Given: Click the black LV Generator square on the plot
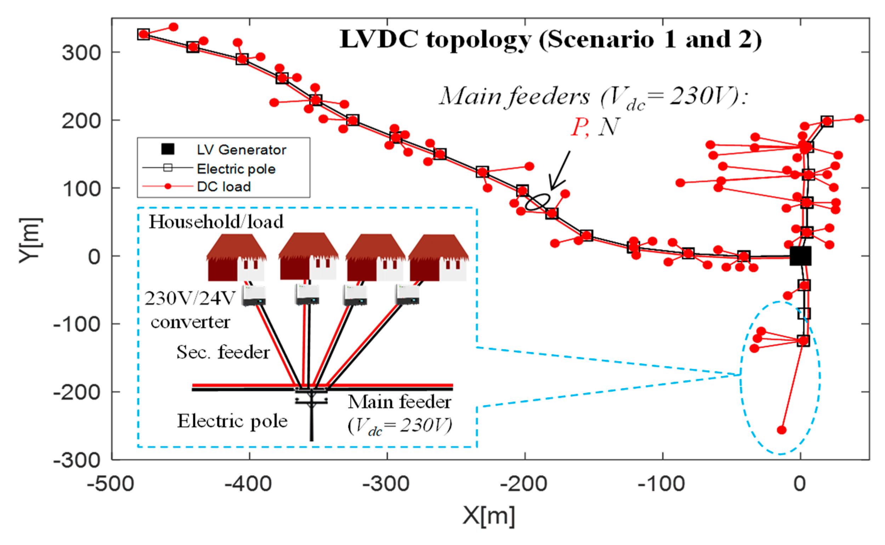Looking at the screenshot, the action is pyautogui.click(x=800, y=256).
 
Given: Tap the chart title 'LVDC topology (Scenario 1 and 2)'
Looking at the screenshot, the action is pyautogui.click(x=551, y=40).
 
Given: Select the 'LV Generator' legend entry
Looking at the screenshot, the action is pyautogui.click(x=223, y=149).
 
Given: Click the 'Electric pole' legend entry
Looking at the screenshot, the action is pyautogui.click(x=209, y=169).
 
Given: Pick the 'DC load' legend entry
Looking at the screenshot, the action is pyautogui.click(x=197, y=186).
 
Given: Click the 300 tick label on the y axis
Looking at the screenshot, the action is pyautogui.click(x=81, y=53).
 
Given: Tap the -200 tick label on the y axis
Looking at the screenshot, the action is pyautogui.click(x=77, y=392).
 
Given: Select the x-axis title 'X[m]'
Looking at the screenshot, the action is pyautogui.click(x=489, y=516).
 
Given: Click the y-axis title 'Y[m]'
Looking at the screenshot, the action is pyautogui.click(x=31, y=240).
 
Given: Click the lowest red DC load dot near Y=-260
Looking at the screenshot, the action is pyautogui.click(x=782, y=430).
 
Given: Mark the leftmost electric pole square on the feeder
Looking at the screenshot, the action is pyautogui.click(x=143, y=34).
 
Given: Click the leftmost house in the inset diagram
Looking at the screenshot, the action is pyautogui.click(x=237, y=257).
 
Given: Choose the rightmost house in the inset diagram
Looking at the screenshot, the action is pyautogui.click(x=439, y=257).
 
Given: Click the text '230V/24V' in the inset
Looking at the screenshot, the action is pyautogui.click(x=190, y=299).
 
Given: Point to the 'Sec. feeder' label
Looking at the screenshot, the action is pyautogui.click(x=223, y=352).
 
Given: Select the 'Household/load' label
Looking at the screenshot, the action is pyautogui.click(x=216, y=222).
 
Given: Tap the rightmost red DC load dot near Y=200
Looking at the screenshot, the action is pyautogui.click(x=860, y=118).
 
